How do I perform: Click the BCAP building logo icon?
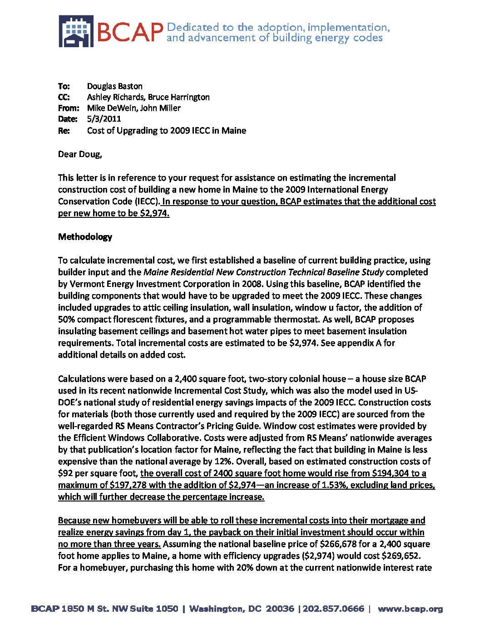click(x=76, y=31)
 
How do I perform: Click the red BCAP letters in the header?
click(x=130, y=32)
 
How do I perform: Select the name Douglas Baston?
click(x=114, y=86)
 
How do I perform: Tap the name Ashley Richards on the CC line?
click(x=115, y=97)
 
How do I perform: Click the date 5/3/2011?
click(x=104, y=119)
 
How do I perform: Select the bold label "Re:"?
click(x=64, y=131)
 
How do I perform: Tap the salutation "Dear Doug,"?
click(x=80, y=154)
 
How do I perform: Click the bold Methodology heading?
click(x=85, y=237)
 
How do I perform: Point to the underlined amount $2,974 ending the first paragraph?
click(x=154, y=213)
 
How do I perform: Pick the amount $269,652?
click(x=401, y=556)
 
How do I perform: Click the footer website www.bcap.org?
click(x=410, y=609)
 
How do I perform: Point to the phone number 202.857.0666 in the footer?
click(x=334, y=609)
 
